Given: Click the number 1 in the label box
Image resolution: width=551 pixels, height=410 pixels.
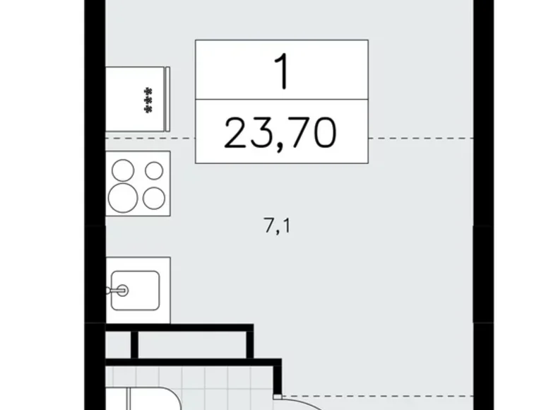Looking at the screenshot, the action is pos(282,71).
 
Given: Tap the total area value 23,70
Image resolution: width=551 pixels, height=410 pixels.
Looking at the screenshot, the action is pos(280,134).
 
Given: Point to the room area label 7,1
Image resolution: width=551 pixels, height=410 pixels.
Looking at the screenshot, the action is pos(277,225).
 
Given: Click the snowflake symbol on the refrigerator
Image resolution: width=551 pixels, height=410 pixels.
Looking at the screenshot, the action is pos(149,100).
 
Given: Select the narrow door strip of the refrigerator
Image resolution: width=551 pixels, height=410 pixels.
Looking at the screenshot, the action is pos(167,99).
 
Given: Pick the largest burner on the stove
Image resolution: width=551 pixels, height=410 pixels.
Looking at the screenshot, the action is pos(123,198).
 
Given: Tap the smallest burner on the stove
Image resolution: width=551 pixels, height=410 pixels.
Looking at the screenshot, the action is pos(154,171).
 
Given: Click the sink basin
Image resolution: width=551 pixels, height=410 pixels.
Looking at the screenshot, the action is pos(136,291).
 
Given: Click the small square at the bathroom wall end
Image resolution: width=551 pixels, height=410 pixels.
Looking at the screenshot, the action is pos(278,397).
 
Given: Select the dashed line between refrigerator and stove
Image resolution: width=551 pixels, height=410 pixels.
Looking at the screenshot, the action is pos(150,139).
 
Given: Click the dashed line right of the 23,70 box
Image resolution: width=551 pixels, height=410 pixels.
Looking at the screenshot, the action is pos(421,139).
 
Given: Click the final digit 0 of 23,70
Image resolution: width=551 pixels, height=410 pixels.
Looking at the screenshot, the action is pos(325,133).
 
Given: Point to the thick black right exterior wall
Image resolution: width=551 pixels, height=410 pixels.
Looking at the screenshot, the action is pos(483,205).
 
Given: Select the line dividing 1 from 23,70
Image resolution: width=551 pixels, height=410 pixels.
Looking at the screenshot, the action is pos(282,100).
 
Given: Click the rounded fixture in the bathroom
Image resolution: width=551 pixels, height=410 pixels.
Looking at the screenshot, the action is pos(143,399).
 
